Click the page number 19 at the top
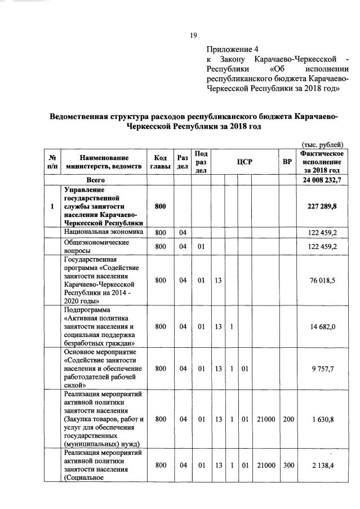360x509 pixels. point(193,35)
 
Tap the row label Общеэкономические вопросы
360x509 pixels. point(97,246)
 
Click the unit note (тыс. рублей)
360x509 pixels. point(322,144)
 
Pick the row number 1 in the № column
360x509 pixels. point(52,206)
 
